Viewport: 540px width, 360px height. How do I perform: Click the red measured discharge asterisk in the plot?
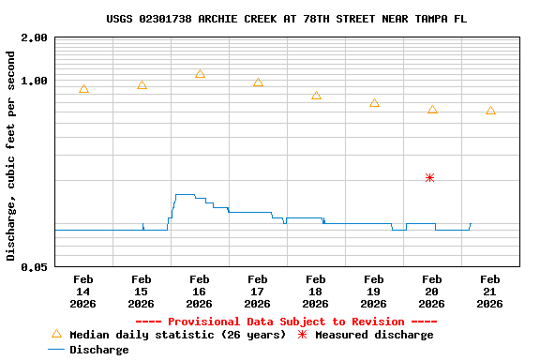tap(429, 177)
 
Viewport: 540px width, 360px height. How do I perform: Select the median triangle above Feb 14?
tap(83, 89)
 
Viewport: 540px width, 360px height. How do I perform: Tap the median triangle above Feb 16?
tap(200, 74)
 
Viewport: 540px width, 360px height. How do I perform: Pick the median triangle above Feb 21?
tap(490, 111)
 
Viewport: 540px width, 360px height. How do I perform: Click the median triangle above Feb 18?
tap(316, 96)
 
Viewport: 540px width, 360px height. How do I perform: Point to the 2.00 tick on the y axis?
tap(35, 38)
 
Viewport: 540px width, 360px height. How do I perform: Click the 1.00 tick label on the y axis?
tap(35, 81)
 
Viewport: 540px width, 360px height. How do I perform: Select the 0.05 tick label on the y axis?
tap(35, 267)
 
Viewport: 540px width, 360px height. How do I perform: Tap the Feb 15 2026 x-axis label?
tap(142, 291)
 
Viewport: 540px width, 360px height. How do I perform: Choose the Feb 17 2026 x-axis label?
tap(258, 291)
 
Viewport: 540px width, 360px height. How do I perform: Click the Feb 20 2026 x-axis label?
tap(432, 291)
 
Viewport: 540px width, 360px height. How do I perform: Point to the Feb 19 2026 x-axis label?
tap(374, 291)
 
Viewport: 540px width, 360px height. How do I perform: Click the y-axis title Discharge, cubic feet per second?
tap(11, 156)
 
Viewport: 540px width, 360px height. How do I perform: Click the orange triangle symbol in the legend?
tap(56, 334)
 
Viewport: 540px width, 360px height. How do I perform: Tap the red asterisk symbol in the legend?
tap(302, 335)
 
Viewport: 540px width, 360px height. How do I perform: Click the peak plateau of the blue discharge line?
tap(185, 195)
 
